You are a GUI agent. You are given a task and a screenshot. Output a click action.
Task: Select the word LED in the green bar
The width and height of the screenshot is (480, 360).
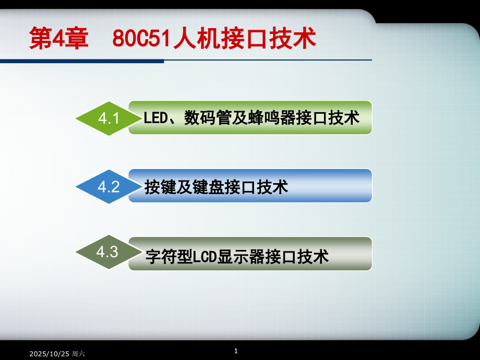154,118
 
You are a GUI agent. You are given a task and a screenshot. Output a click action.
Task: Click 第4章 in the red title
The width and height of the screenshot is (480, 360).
59,39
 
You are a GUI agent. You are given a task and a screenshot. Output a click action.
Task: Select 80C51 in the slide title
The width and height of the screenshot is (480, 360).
142,39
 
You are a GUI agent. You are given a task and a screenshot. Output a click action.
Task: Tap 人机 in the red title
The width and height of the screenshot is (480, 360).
195,39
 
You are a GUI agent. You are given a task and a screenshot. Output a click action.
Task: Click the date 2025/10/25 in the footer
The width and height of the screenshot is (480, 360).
50,354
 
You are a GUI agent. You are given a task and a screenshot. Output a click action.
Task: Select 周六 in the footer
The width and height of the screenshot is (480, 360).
78,354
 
